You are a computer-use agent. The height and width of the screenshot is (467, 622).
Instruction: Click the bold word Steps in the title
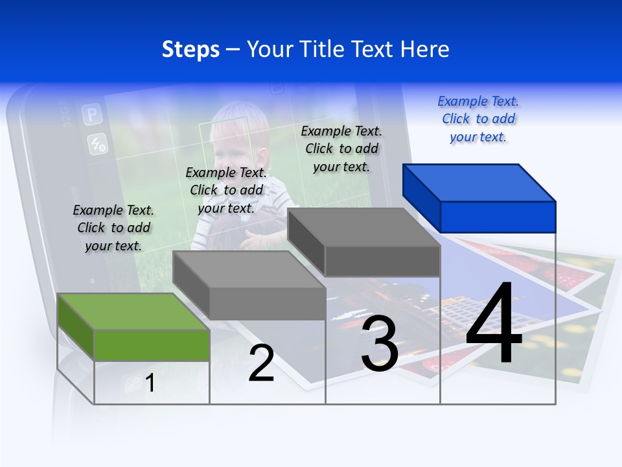pos(190,49)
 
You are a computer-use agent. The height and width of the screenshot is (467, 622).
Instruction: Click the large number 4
pos(494,324)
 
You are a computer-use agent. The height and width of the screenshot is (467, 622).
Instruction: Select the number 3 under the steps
pos(380,344)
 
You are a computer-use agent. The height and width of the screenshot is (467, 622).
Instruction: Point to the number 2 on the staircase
pos(261,364)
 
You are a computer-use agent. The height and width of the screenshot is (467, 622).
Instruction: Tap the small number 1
pos(150,383)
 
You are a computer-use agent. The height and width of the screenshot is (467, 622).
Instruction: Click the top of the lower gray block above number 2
pos(248,269)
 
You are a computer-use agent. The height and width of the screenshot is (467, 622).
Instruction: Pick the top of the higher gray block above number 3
pos(363,226)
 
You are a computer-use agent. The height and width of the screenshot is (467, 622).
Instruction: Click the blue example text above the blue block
pos(478,119)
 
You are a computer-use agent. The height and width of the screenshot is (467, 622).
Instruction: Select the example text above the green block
pos(113,228)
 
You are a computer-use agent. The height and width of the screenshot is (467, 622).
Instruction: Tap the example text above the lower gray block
pos(226,190)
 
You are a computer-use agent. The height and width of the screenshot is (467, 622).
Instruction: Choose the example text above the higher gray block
pos(341,149)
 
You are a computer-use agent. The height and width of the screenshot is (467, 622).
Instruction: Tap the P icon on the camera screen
pos(92,115)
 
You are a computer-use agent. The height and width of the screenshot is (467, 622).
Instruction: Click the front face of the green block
pos(152,345)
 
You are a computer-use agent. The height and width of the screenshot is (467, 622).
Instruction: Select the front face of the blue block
pos(498,217)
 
